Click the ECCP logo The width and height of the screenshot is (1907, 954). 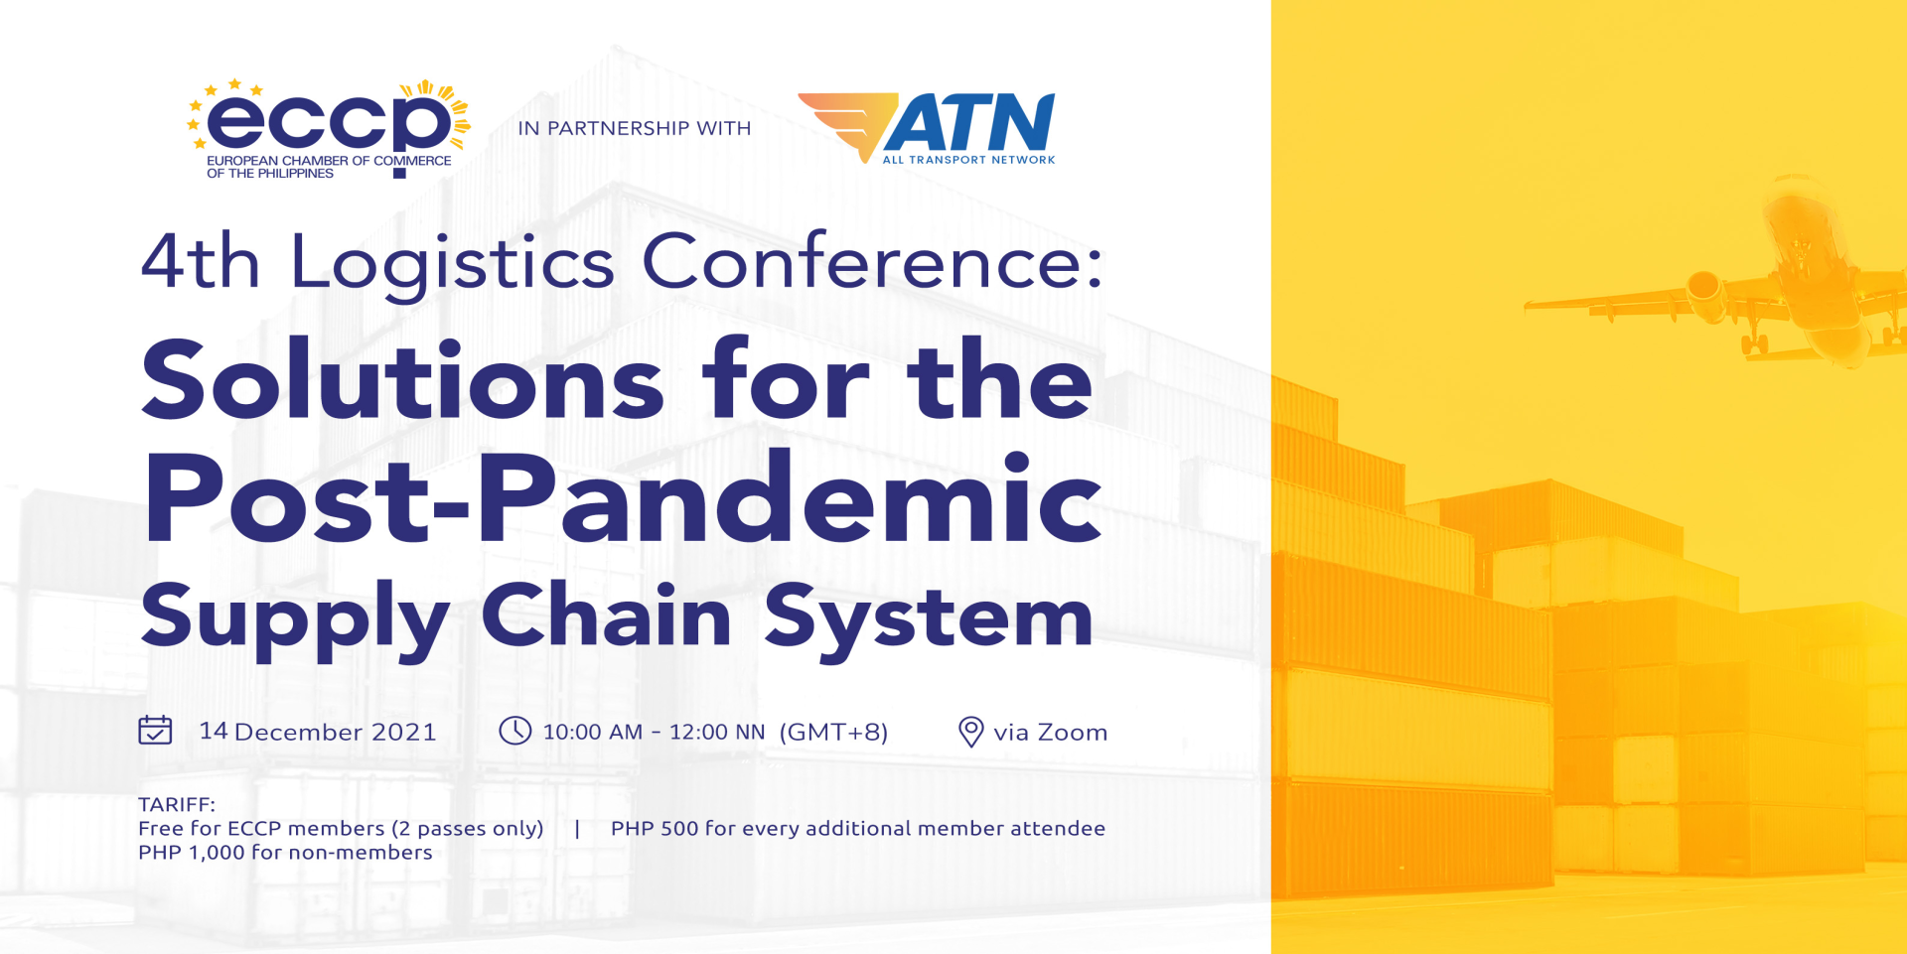329,129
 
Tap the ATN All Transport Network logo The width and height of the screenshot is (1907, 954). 927,128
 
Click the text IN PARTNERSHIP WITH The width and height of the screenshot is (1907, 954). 635,128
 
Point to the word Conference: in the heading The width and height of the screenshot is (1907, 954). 873,261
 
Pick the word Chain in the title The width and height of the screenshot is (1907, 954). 607,614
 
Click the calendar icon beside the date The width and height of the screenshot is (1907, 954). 155,731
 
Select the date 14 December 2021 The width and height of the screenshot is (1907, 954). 318,732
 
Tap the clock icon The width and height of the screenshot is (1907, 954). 514,731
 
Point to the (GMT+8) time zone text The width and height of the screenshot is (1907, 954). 833,733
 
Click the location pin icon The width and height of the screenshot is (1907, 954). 970,732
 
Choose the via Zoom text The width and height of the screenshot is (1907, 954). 1051,733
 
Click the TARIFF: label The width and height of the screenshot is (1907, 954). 177,804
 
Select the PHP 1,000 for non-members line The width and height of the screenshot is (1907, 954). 285,852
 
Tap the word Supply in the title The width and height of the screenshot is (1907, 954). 295,620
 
